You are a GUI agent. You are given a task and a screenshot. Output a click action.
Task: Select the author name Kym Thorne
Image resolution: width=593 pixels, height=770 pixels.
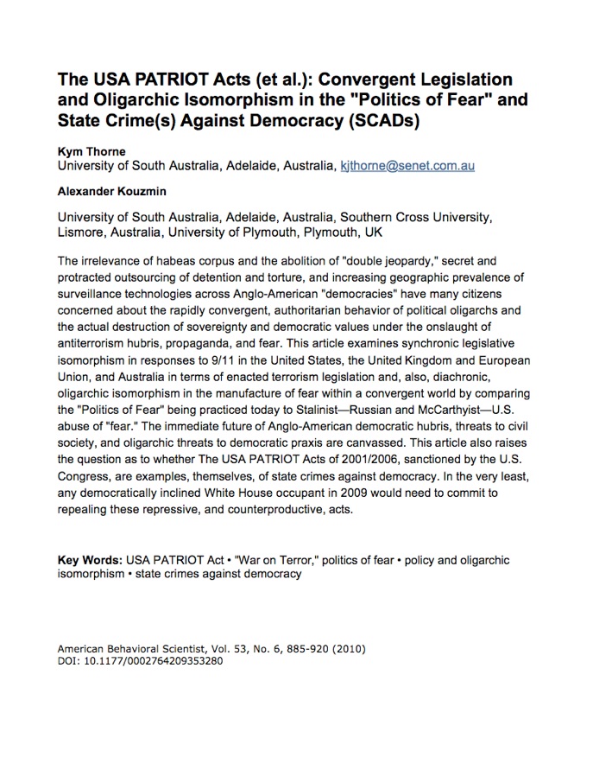(91, 150)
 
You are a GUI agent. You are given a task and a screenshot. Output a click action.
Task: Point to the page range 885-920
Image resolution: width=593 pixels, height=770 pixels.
(322, 647)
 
